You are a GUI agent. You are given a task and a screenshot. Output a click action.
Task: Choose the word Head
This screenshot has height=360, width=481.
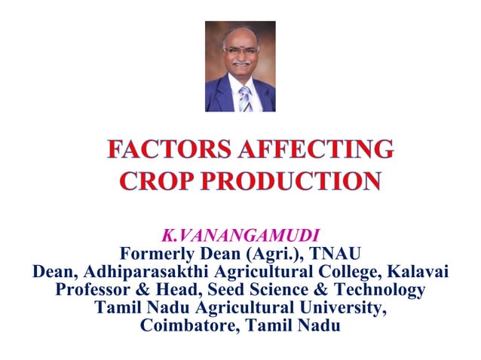[183, 289]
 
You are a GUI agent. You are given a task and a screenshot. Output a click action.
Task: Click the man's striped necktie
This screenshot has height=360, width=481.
[244, 98]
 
